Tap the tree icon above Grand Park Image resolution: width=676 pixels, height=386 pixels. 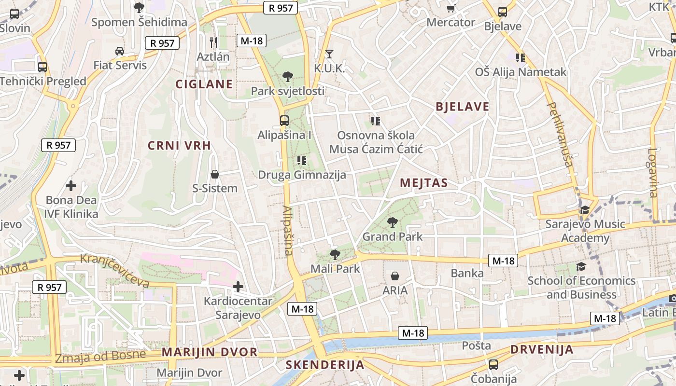392,222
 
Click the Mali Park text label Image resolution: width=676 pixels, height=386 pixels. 335,268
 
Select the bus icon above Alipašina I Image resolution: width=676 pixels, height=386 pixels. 284,121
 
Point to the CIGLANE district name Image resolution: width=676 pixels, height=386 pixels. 204,84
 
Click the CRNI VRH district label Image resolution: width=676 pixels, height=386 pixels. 179,146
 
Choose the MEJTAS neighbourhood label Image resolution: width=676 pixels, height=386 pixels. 424,183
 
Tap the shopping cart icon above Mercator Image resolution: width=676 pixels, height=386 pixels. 451,8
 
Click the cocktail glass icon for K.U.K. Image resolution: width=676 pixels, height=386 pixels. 329,54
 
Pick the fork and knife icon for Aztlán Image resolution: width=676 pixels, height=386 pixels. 213,42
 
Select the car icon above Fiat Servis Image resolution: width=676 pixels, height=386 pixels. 119,51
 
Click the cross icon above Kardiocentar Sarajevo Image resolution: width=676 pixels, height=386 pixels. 238,287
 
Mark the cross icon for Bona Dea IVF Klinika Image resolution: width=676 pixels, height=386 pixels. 71,186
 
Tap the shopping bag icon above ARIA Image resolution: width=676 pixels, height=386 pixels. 395,276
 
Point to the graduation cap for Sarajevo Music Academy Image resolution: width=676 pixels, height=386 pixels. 585,210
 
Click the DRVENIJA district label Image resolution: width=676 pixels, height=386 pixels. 542,349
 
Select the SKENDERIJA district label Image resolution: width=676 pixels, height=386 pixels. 324,365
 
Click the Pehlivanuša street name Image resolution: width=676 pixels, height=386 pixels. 561,134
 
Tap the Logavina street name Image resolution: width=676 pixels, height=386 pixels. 653,172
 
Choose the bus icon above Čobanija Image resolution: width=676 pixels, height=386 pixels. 493,365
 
